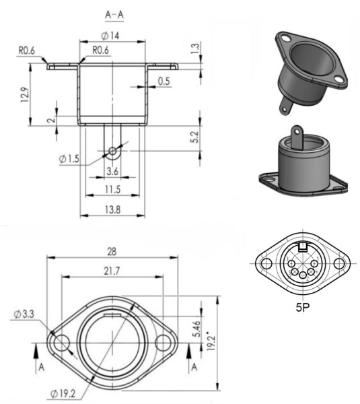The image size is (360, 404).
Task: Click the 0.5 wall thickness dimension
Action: [163, 81]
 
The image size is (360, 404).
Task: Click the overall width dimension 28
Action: [112, 251]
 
